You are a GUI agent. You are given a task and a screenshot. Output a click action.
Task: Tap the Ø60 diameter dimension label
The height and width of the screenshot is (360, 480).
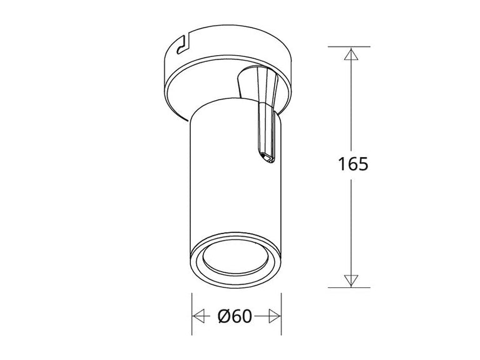tap(235, 317)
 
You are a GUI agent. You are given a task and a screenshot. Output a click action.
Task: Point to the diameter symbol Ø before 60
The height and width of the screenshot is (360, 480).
tap(225, 317)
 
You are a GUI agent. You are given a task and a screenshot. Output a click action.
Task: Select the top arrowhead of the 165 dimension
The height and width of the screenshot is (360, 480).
tap(350, 54)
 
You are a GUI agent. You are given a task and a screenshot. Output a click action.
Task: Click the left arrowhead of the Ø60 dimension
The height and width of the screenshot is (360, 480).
tap(200, 316)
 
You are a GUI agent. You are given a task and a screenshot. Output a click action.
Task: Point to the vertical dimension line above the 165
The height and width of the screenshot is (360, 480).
tap(350, 106)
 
